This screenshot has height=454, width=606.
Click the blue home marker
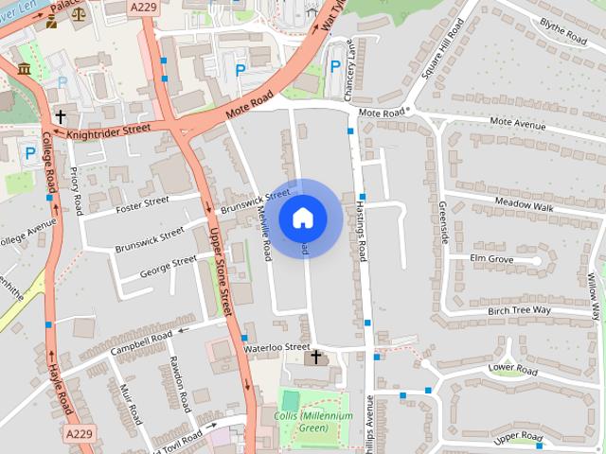pos(303,218)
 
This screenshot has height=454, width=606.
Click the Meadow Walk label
pos(523,204)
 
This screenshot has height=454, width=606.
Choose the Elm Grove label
pos(491,258)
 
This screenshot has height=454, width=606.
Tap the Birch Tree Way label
pos(519,310)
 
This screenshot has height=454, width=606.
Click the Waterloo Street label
pos(276,348)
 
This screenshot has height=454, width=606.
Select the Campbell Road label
pos(141,341)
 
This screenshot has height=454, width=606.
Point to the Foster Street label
pos(142,202)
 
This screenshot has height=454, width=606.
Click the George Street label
pos(168,266)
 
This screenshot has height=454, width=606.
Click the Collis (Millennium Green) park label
pos(313,422)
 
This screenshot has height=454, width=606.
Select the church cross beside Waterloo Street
pos(316,358)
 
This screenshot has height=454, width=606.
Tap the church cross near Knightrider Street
pos(61,117)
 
